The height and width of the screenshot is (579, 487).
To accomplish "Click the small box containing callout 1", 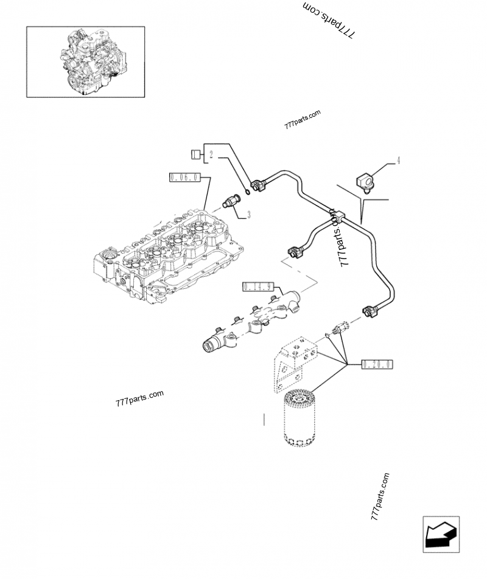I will click(195, 154).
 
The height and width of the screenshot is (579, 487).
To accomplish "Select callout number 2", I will click(210, 154).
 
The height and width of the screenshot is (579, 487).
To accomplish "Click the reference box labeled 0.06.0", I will click(184, 177).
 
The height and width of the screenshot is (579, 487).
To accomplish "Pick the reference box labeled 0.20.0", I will click(377, 364).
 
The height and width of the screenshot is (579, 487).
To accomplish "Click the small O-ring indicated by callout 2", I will click(247, 193).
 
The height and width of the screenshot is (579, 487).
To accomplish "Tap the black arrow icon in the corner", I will click(440, 535).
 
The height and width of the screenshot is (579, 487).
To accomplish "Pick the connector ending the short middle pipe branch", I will click(295, 251).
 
